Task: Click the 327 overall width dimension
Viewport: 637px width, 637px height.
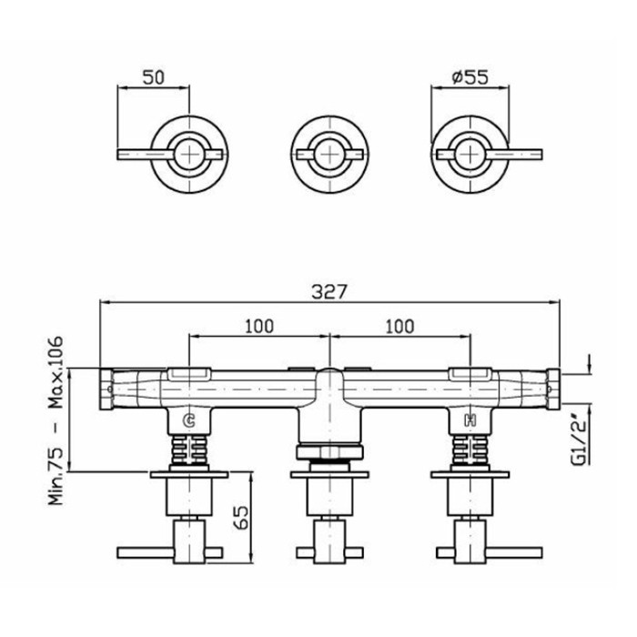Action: coord(329,292)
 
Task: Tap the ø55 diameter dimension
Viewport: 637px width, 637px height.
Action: coord(470,77)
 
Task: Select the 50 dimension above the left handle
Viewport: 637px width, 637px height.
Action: coord(154,77)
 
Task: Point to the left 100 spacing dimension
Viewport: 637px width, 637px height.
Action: coord(259,326)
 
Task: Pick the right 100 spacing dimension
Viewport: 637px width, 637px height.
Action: coord(399,326)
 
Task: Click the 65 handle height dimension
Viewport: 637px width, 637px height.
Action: coord(242,517)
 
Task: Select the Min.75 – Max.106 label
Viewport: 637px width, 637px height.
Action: coord(56,420)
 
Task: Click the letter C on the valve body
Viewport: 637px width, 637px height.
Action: coord(189,420)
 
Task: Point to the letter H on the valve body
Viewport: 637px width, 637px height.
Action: coord(470,420)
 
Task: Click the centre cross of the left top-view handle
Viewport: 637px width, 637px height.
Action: coord(189,155)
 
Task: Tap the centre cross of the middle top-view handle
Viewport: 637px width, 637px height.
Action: coord(329,155)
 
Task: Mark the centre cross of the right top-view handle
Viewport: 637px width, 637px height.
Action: coord(470,155)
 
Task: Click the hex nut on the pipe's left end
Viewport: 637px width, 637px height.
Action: coord(106,389)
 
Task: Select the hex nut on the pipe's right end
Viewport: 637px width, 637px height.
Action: coord(553,389)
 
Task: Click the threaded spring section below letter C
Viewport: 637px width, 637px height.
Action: coord(189,450)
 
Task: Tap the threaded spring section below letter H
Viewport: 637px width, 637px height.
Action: coord(470,450)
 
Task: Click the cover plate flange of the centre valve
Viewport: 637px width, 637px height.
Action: coord(329,474)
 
